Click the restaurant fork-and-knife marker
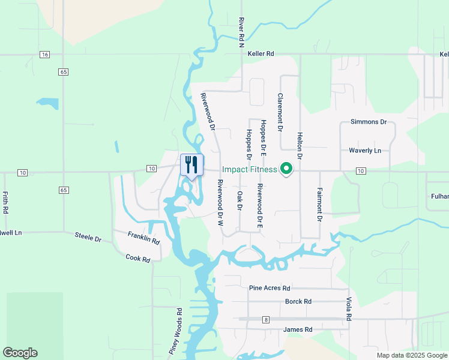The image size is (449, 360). [192, 164]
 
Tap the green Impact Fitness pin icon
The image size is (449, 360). [287, 169]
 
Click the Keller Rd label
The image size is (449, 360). [261, 54]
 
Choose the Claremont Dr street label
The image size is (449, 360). [280, 112]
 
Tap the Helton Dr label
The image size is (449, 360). [300, 146]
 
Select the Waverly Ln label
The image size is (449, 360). [365, 151]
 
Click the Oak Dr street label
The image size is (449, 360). [240, 200]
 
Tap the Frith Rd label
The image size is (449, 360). [5, 203]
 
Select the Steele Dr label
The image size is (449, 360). [88, 237]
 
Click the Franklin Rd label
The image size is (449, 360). [143, 238]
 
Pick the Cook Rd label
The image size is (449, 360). [139, 257]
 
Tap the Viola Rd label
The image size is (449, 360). [348, 308]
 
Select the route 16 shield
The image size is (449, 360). [44, 55]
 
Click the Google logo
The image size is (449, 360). [20, 353]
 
